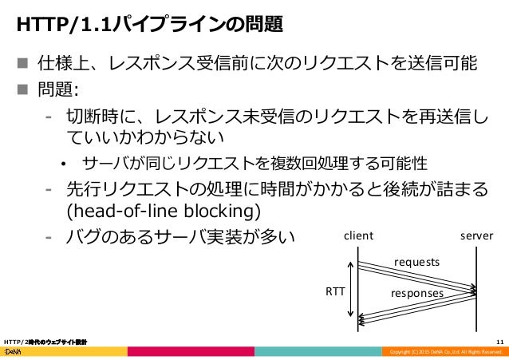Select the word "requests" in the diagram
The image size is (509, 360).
(417, 261)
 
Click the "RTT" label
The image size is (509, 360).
(335, 291)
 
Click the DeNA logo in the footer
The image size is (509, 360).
(17, 352)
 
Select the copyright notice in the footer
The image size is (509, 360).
(443, 353)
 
